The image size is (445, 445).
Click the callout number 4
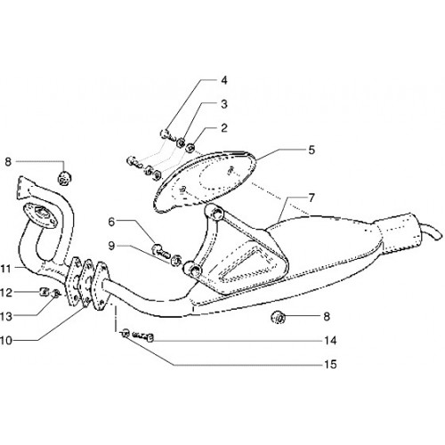(224, 80)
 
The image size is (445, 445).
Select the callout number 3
(224, 104)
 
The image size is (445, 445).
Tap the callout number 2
(224, 128)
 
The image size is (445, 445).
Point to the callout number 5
(311, 150)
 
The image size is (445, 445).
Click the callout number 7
(311, 198)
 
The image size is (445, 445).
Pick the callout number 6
(111, 222)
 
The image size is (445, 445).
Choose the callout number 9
(111, 246)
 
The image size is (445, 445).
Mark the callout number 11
(6, 269)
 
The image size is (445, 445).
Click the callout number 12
(6, 293)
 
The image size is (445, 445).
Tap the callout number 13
(6, 317)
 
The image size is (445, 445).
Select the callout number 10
(6, 340)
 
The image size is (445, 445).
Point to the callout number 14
(330, 340)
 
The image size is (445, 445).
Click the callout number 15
(330, 364)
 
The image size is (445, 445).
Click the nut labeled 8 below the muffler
(279, 318)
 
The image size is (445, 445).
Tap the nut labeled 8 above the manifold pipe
(64, 178)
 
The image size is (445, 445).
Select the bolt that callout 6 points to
(161, 250)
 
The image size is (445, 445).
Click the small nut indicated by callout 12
(44, 292)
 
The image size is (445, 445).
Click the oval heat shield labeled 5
(204, 181)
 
